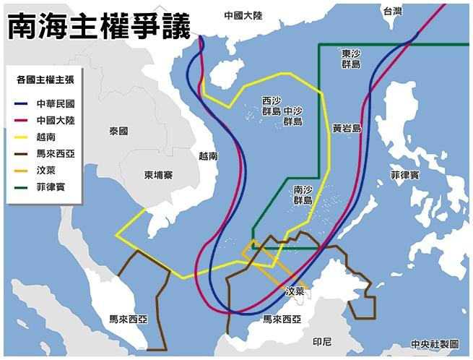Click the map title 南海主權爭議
[x=99, y=27]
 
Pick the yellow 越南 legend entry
[x=45, y=136]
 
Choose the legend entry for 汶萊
[x=45, y=171]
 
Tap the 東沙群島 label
[x=352, y=59]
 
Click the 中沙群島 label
[x=293, y=116]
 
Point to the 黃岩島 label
[x=347, y=128]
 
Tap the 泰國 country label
[x=118, y=132]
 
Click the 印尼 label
[x=322, y=340]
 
